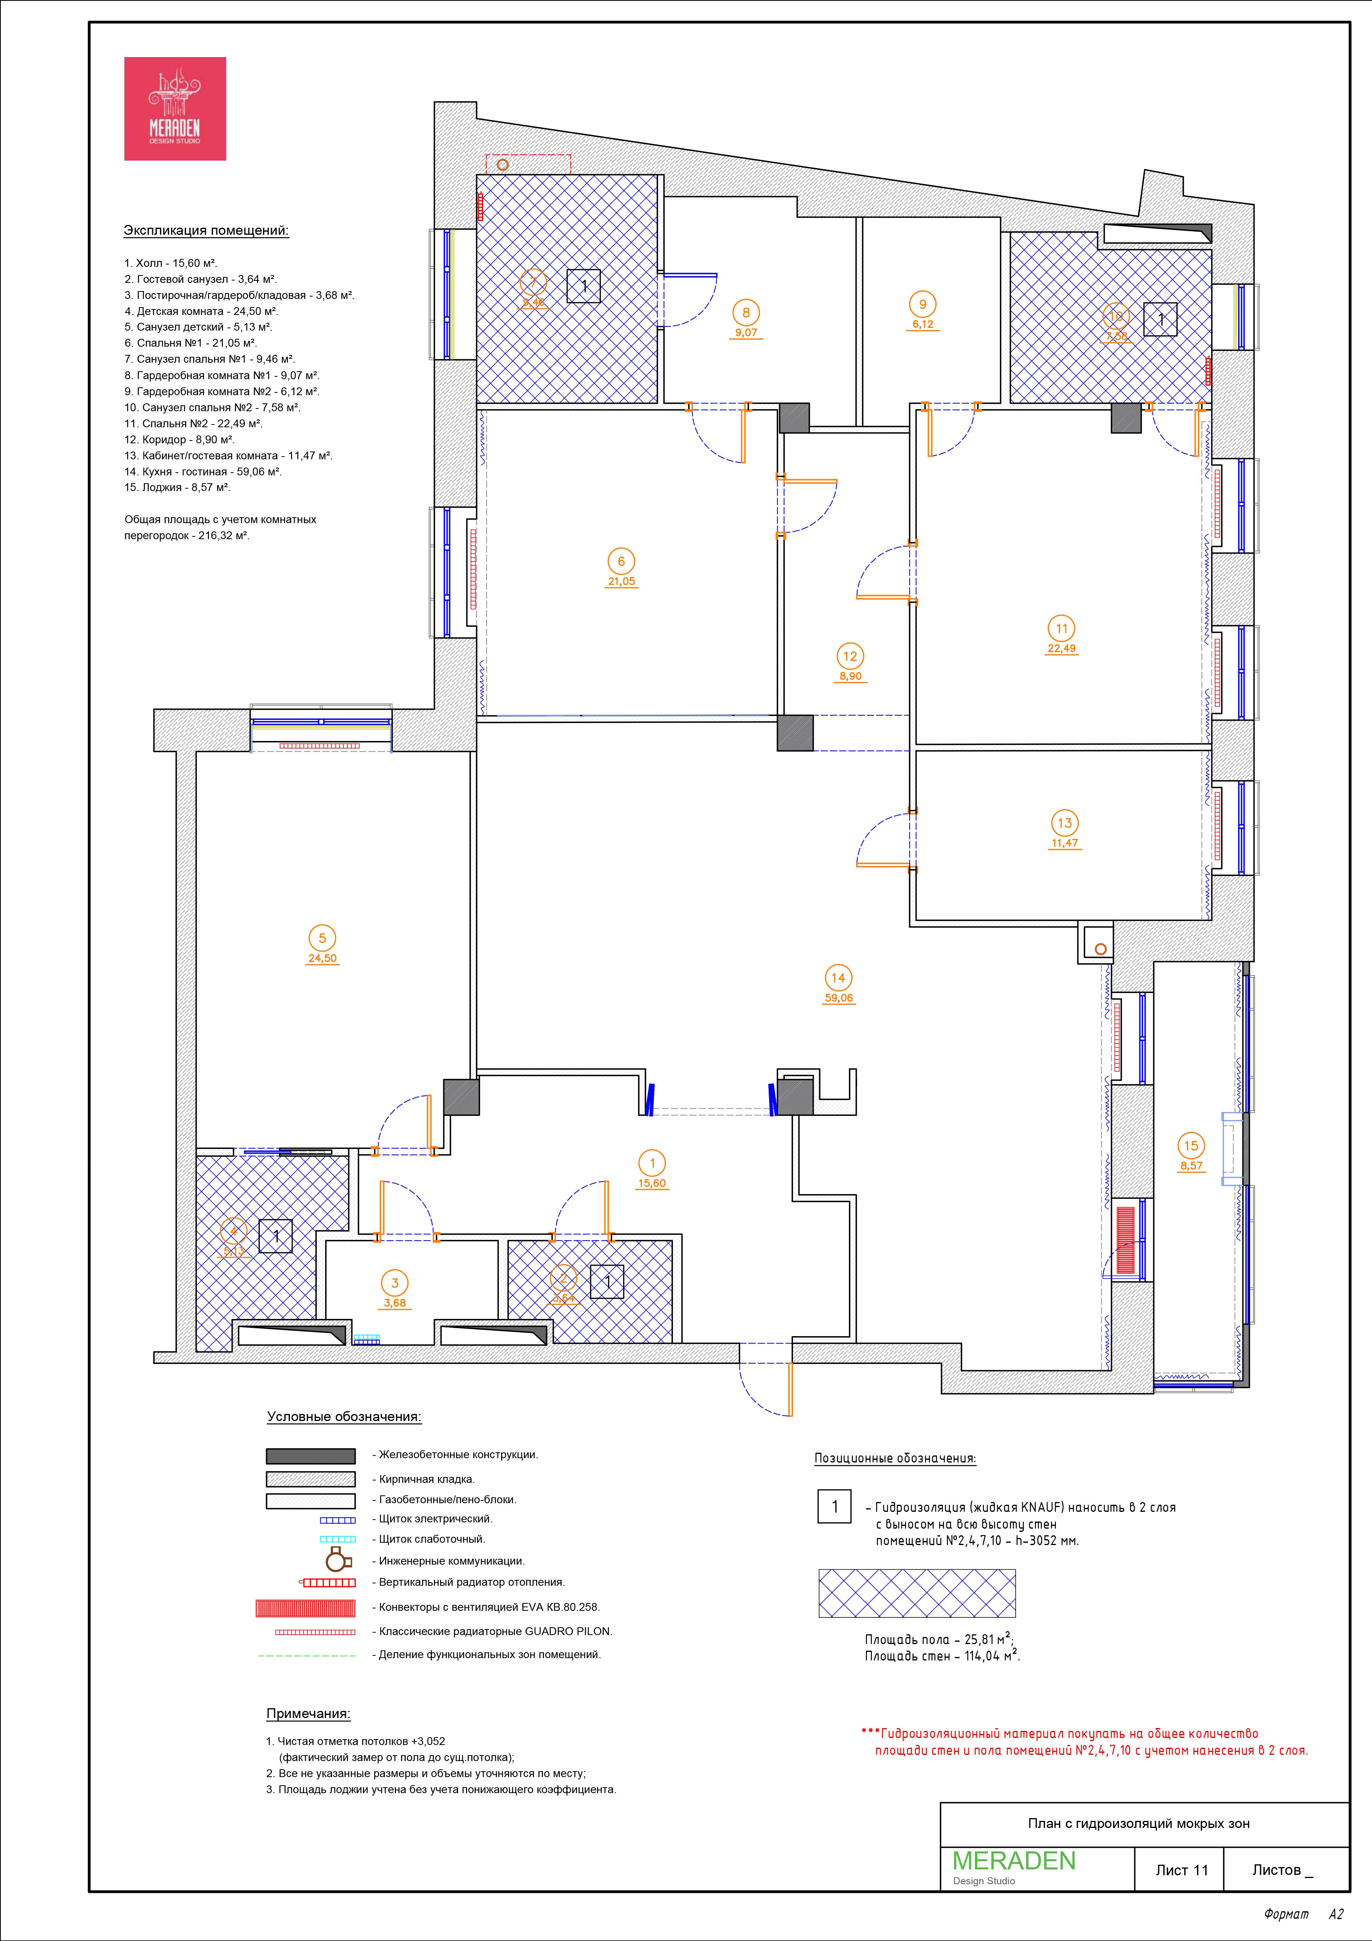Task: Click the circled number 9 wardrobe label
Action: point(922,304)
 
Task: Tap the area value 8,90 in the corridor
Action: point(851,676)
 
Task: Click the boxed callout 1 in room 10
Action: point(1161,319)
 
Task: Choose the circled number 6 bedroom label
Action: point(621,561)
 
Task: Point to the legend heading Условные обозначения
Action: point(344,1417)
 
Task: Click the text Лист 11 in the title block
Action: point(1182,1870)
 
